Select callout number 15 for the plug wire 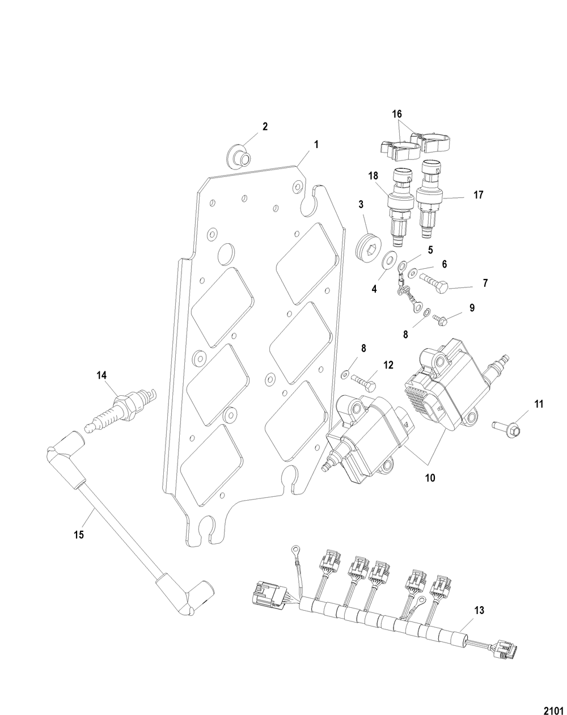78,534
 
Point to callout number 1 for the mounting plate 316,145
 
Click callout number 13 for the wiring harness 479,611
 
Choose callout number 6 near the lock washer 445,264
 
